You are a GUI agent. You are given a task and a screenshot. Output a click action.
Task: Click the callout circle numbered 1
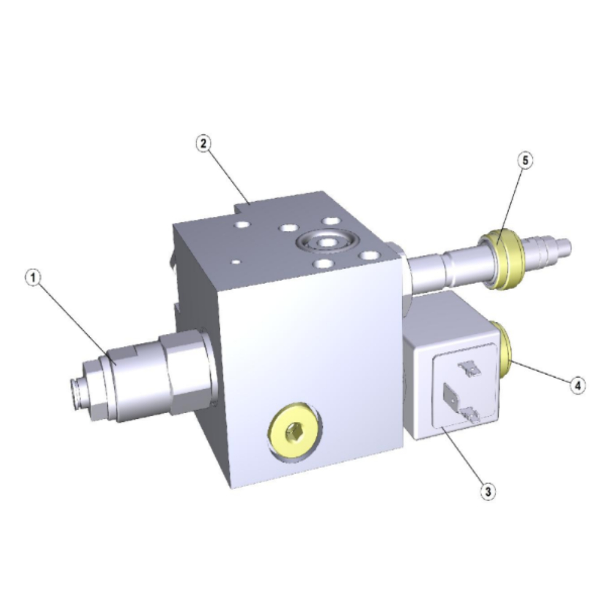33,278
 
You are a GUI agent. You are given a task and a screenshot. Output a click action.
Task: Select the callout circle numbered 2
203,143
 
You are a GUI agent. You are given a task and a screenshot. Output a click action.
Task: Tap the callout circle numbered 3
488,491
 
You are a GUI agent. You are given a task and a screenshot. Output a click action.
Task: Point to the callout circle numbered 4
577,386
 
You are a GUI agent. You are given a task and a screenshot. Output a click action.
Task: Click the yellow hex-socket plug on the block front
294,431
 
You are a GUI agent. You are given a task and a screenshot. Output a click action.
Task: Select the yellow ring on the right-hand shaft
499,260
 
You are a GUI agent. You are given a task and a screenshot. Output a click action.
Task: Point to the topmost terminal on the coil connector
470,368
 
